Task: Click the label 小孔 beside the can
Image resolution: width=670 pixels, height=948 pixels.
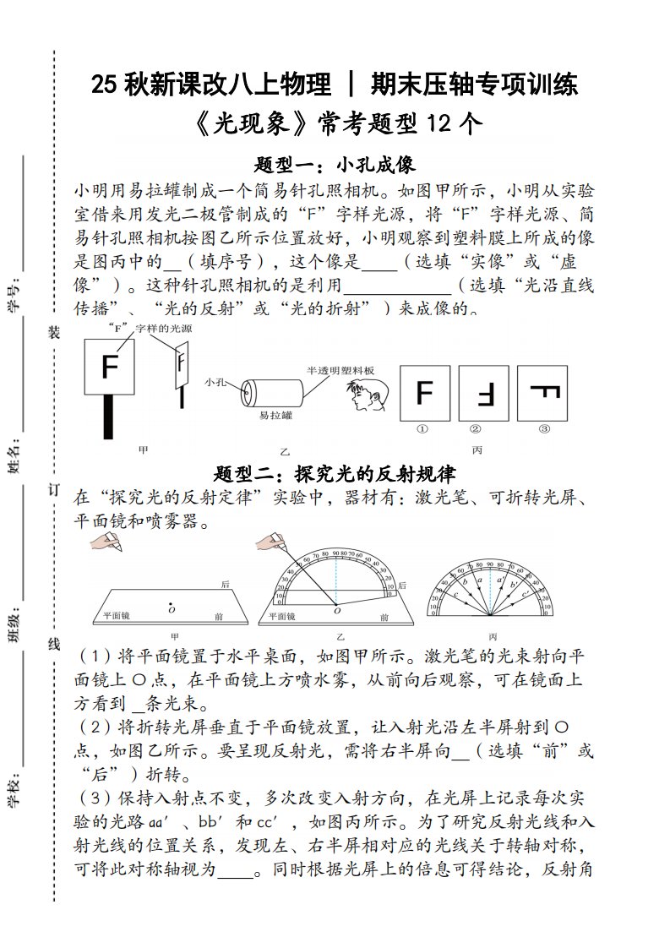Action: [x=215, y=383]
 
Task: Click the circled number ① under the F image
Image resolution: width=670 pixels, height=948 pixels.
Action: [x=422, y=429]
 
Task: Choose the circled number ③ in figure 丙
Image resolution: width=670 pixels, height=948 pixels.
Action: [x=543, y=429]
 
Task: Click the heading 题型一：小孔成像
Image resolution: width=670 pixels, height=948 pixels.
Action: [x=335, y=164]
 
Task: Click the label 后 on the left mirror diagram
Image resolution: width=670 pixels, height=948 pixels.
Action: [x=225, y=585]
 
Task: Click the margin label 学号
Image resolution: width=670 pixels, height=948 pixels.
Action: [x=14, y=297]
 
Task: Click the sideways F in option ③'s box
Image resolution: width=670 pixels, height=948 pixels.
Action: [x=543, y=393]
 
